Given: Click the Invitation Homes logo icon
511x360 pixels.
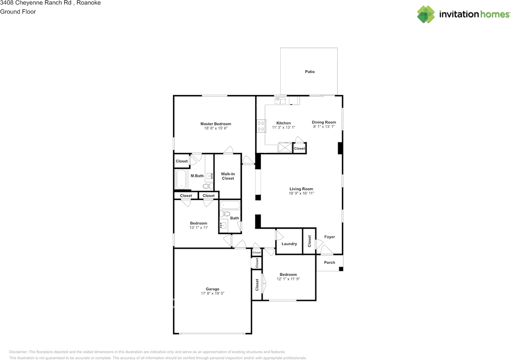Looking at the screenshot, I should (426, 14).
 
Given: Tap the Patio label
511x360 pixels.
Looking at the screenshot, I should (310, 72).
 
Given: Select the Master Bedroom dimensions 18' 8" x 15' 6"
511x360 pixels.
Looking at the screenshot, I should (216, 129).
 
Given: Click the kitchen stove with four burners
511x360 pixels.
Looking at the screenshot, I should (261, 126).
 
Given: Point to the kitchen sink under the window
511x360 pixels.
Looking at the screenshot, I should (281, 101).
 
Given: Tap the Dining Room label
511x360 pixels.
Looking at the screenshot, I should (324, 122).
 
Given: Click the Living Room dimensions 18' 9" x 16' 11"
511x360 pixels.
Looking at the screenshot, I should (301, 194).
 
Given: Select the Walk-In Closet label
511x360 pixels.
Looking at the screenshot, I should (228, 176).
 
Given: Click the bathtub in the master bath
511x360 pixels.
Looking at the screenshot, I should (181, 180).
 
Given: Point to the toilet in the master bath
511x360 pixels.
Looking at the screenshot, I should (207, 186).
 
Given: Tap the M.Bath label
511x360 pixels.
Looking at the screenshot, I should (197, 176).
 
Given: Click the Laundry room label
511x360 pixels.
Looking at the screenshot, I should (289, 244).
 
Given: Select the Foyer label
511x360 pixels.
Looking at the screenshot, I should (329, 237).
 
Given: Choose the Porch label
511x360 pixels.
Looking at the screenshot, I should (329, 263).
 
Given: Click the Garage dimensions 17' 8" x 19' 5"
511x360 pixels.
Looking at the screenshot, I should (212, 294).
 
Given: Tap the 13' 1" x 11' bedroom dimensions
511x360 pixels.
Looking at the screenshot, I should (198, 228).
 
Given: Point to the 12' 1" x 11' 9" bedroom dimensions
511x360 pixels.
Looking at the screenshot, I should (288, 279).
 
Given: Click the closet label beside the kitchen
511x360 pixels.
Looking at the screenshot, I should (299, 148).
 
